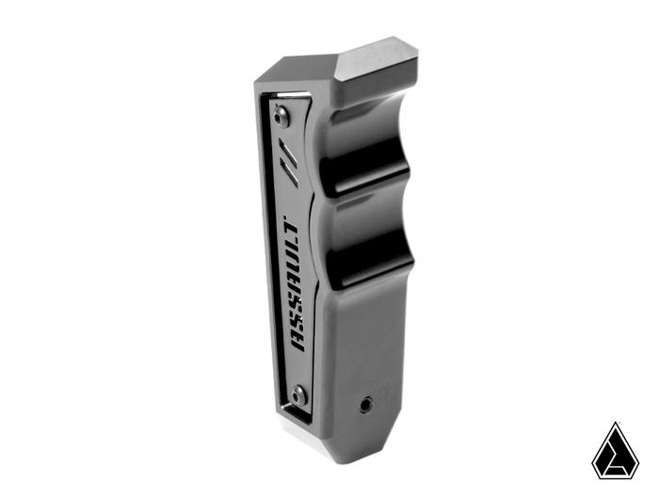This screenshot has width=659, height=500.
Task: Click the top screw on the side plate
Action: (281, 116)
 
